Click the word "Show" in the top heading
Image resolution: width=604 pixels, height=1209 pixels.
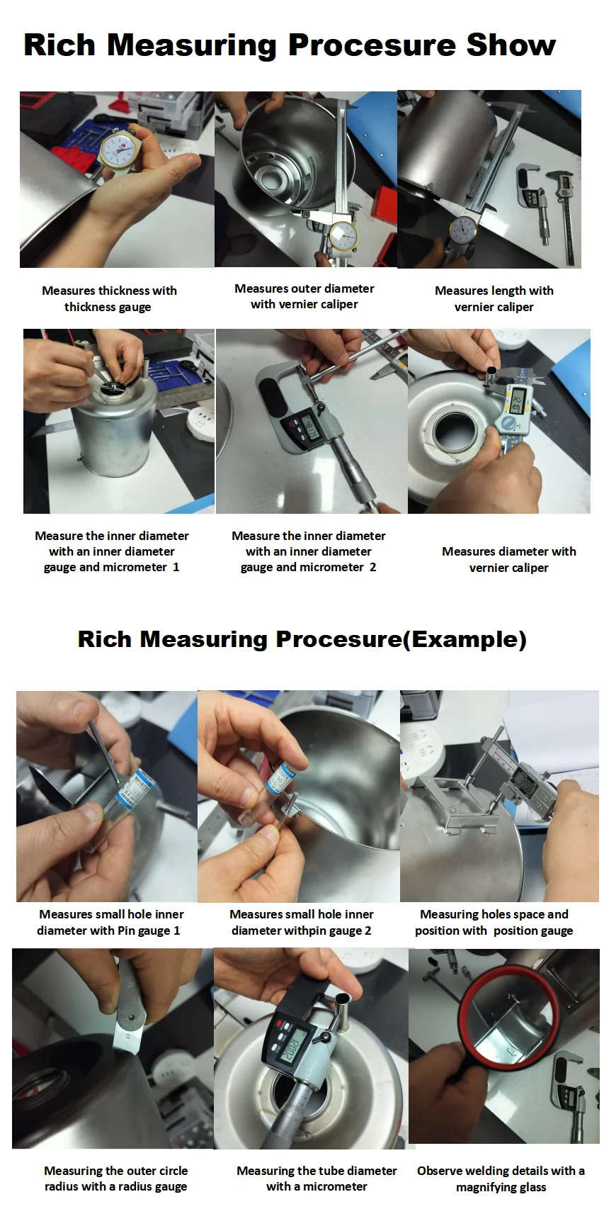click(x=511, y=45)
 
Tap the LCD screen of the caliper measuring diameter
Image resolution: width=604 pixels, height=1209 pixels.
click(x=517, y=401)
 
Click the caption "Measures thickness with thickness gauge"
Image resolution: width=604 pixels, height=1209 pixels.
click(x=110, y=298)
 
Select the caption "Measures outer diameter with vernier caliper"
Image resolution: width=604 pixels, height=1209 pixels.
click(x=304, y=296)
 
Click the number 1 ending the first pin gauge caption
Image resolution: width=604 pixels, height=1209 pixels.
click(x=176, y=930)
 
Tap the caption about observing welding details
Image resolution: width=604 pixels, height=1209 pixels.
click(x=501, y=1179)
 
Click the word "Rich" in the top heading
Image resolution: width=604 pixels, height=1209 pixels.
click(x=59, y=45)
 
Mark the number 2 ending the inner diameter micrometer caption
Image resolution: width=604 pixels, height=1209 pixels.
click(x=372, y=567)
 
